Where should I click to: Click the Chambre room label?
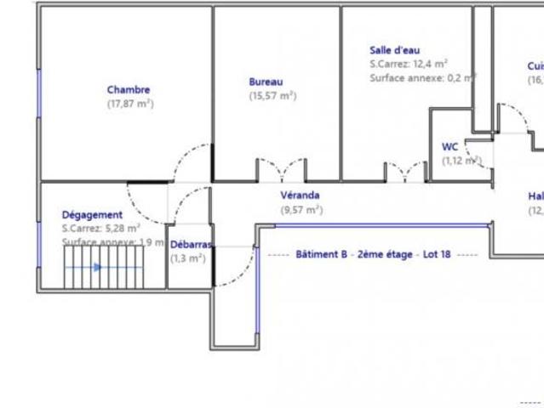(129, 89)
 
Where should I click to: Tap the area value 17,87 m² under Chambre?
(129, 104)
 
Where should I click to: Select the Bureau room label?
(266, 82)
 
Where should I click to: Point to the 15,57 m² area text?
(272, 96)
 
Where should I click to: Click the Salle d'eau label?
(394, 50)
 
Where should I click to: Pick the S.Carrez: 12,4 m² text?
(409, 64)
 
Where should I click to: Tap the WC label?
(450, 146)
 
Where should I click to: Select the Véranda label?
(300, 195)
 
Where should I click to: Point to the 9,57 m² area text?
(301, 209)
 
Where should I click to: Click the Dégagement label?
(92, 215)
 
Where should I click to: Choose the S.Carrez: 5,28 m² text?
(100, 229)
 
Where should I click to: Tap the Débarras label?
(190, 244)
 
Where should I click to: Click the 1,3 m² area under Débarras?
(187, 258)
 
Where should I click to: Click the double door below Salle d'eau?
(405, 171)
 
